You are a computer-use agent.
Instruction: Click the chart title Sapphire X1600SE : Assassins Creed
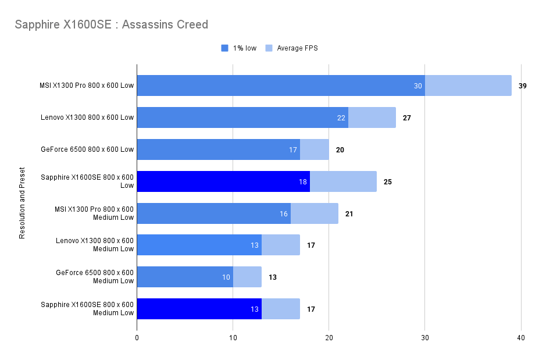[x=111, y=24]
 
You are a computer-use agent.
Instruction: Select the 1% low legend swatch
[x=225, y=48]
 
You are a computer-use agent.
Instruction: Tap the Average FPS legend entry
[x=297, y=48]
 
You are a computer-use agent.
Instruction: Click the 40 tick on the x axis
[x=521, y=338]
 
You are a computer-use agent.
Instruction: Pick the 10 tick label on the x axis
[x=233, y=338]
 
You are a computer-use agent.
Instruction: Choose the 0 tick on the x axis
[x=137, y=338]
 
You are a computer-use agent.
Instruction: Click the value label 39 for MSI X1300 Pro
[x=523, y=85]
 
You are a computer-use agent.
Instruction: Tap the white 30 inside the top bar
[x=418, y=85]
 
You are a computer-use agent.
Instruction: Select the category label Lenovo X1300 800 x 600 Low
[x=87, y=117]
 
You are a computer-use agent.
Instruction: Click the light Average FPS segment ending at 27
[x=372, y=117]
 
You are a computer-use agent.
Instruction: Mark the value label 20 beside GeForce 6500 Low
[x=340, y=149]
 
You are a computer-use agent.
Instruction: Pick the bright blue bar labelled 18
[x=223, y=181]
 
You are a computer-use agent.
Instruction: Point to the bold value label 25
[x=388, y=181]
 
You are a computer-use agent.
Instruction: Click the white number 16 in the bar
[x=284, y=213]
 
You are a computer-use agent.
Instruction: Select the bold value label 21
[x=349, y=213]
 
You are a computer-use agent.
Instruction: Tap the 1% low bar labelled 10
[x=184, y=277]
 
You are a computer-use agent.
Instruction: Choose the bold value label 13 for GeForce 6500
[x=273, y=277]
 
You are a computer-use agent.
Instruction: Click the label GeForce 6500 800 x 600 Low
[x=87, y=149]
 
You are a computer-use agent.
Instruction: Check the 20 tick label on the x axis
[x=329, y=338]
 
